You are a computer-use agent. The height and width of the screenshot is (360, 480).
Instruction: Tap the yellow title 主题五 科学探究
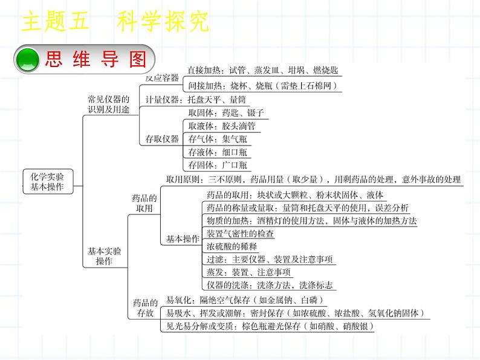click(115, 22)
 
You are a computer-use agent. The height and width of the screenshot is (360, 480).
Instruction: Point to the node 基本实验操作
click(104, 256)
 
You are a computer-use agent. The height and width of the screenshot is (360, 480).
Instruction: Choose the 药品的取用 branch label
click(144, 203)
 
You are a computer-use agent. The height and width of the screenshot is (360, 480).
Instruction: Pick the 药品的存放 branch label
click(145, 308)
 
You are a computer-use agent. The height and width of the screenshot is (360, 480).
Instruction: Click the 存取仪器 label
click(163, 139)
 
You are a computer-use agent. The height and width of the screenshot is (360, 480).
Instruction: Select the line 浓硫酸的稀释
click(232, 246)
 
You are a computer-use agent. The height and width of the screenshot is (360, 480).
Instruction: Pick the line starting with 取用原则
click(313, 179)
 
